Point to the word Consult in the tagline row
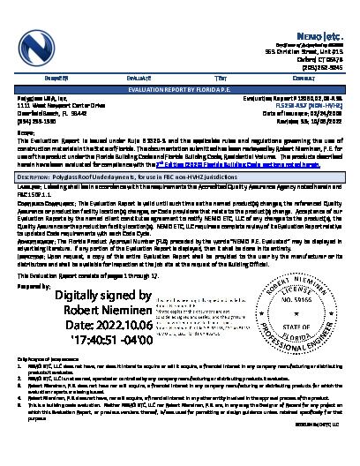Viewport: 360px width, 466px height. (318, 77)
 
